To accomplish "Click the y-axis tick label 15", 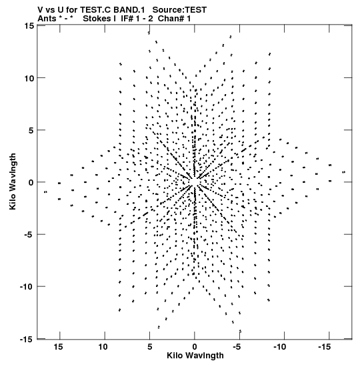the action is pos(29,25).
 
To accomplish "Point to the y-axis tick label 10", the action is pos(29,78).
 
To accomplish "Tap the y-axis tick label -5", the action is pos(29,234).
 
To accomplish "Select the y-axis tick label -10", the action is pos(27,286).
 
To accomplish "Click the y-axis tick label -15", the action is pos(27,339).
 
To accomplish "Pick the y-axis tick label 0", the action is pos(31,183).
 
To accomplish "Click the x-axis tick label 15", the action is pos(59,347).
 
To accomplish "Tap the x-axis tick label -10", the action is pos(279,347).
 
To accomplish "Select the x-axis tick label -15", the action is pos(324,347).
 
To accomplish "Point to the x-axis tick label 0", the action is pos(195,347).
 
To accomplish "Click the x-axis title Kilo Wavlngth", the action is pos(195,356).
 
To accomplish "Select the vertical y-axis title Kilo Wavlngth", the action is pos(13,181).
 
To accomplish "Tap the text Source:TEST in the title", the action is pos(179,10).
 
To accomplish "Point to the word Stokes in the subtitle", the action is pos(97,19).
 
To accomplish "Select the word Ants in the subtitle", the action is pos(47,19).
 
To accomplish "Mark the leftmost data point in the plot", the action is pos(45,192).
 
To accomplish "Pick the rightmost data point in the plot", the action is pos(344,172).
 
